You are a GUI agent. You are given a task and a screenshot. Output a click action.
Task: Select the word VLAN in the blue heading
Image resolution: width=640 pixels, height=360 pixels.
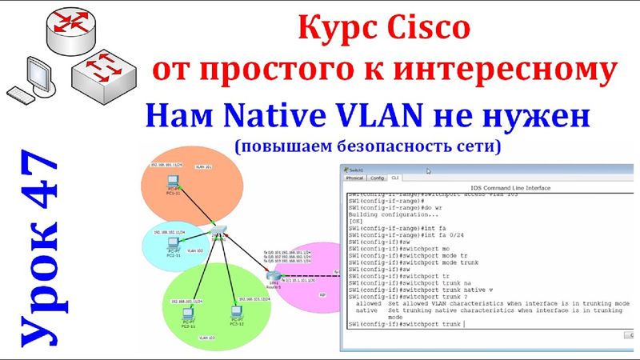374,118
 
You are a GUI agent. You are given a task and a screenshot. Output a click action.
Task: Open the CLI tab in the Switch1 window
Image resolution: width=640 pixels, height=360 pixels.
395,178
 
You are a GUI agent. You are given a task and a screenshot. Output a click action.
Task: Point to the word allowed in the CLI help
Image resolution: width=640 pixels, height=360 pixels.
368,305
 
